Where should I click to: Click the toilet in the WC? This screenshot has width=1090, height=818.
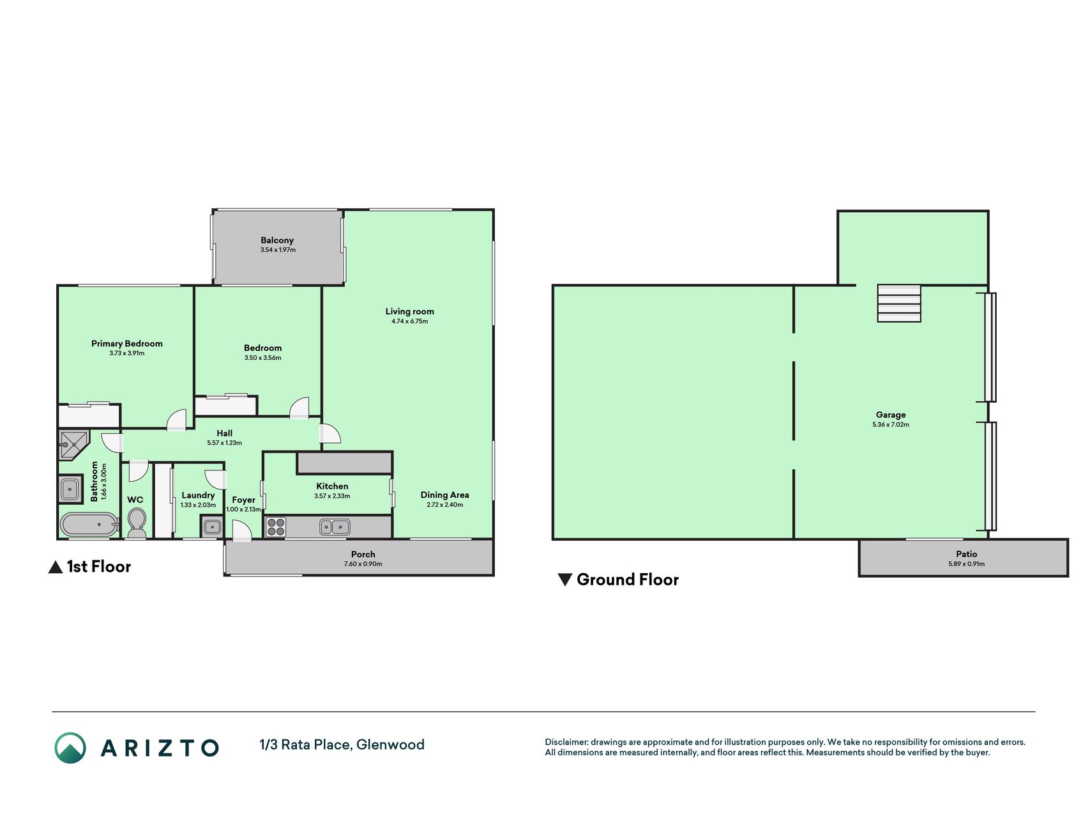(137, 523)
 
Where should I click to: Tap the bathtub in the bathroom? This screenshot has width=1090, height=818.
(89, 525)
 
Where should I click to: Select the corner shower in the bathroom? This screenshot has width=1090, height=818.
(73, 445)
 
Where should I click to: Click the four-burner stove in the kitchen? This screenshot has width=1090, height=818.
(276, 527)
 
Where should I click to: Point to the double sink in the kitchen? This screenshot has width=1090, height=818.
(335, 527)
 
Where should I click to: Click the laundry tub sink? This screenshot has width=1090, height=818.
(212, 527)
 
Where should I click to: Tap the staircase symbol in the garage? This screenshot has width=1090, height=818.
(899, 303)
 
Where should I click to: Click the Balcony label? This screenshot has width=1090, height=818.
(277, 240)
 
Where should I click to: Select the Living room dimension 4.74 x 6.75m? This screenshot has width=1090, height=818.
(410, 321)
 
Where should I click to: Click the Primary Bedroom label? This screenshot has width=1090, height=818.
(127, 344)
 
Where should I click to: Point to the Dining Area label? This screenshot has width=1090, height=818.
(445, 495)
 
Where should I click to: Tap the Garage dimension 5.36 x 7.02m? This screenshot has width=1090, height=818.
(891, 424)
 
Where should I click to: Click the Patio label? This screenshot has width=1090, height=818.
(967, 554)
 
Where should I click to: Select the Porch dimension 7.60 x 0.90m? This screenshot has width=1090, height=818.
(363, 564)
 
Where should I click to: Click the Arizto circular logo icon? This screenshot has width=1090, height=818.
(70, 748)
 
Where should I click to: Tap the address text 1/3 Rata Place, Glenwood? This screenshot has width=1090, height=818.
(342, 745)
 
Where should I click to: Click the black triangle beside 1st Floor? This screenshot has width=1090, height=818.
(56, 567)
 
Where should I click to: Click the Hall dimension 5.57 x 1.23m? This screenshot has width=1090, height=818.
(225, 443)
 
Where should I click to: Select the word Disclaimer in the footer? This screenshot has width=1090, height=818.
(566, 742)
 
